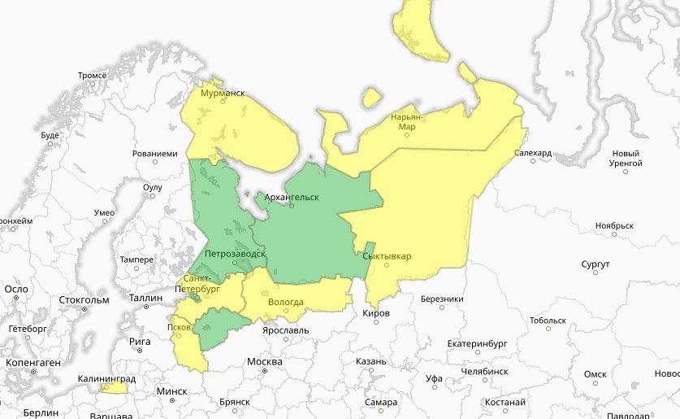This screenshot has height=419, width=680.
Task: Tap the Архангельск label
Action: [287, 197]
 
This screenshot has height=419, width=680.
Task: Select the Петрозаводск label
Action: [235, 254]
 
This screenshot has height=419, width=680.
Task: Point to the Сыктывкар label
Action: [387, 257]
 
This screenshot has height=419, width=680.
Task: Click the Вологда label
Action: [285, 303]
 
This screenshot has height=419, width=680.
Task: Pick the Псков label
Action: [179, 327]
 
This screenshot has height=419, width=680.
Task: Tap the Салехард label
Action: [533, 152]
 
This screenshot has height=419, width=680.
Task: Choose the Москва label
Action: [264, 361]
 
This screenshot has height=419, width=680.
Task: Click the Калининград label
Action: [106, 379]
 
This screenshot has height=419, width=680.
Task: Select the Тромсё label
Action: [93, 76]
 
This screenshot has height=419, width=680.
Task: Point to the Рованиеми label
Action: [154, 153]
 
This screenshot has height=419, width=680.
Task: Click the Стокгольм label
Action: [84, 299]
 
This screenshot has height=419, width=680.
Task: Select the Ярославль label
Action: [285, 331]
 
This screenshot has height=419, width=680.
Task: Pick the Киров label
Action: [377, 313]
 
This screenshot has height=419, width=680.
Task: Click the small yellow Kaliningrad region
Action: [114, 388]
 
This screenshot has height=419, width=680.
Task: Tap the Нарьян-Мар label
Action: [406, 122]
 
